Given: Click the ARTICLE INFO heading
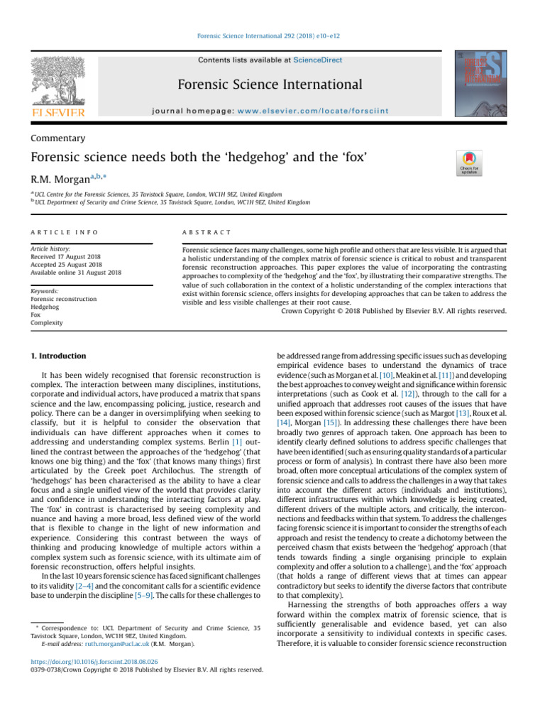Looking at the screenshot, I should (x=64, y=232).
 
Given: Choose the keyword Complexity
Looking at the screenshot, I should (x=47, y=322).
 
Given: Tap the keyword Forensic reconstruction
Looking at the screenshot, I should (x=64, y=299).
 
